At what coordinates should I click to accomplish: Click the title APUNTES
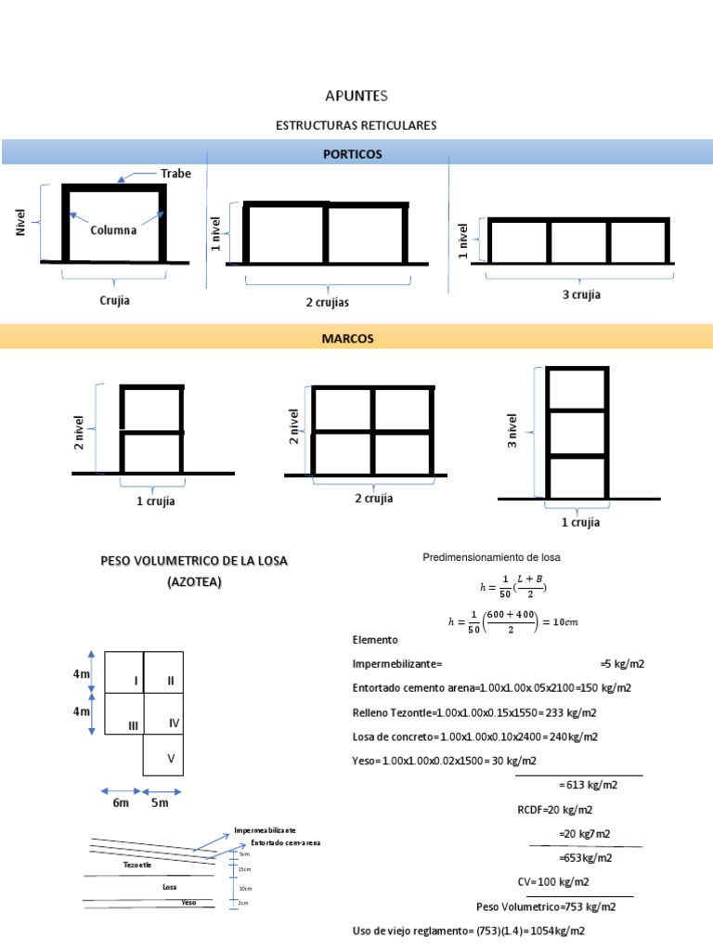(356, 96)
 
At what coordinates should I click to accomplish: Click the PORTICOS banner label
(356, 154)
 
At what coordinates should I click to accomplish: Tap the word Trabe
(176, 174)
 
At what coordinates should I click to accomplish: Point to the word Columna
(113, 229)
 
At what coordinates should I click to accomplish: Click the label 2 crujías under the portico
(328, 302)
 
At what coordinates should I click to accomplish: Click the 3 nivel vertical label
(512, 431)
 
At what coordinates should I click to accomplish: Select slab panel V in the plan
(170, 759)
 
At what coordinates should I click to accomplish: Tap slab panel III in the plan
(134, 724)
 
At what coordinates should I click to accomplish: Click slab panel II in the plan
(170, 681)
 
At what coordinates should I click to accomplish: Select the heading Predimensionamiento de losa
(492, 557)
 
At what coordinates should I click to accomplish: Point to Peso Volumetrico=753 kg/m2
(541, 906)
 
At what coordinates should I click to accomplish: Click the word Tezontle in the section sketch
(136, 864)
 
